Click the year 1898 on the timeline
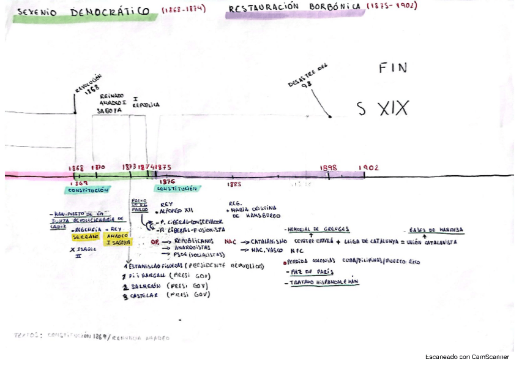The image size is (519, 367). point(329,167)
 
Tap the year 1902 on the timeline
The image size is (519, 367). point(369,167)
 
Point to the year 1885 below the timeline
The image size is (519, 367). point(234,184)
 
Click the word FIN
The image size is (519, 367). point(392,68)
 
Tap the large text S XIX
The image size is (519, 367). point(383,110)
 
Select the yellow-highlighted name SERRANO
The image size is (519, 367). point(85,236)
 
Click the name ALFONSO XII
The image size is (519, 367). point(176,210)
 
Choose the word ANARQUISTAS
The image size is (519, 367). point(193,248)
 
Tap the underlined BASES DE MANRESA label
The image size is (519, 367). point(436,230)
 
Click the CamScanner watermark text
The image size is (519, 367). point(467,357)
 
